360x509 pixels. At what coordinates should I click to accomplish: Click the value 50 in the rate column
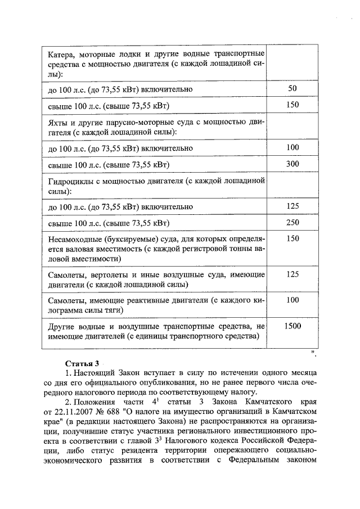tap(292, 89)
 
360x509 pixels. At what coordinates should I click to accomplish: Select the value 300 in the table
tap(292, 164)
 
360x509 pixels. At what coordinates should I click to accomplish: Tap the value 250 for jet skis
tap(292, 223)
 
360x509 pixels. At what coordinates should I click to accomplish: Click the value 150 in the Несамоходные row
tap(292, 238)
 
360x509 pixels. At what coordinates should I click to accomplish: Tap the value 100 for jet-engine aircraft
tap(292, 300)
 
